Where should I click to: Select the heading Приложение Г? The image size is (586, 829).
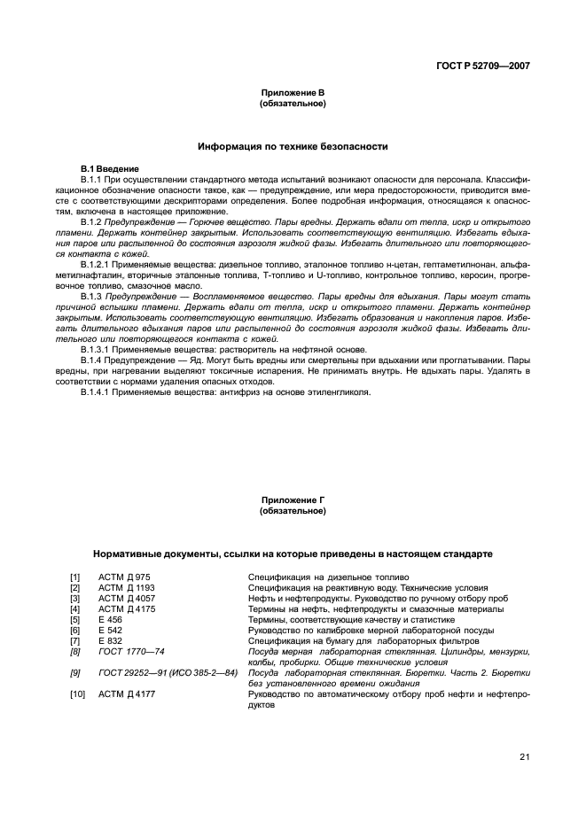292,500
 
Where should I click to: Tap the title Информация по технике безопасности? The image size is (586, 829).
292,145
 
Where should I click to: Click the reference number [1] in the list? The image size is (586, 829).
75,577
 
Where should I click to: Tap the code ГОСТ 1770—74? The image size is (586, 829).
131,651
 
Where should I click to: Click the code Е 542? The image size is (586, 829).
110,630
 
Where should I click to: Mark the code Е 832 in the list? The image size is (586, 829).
110,640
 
